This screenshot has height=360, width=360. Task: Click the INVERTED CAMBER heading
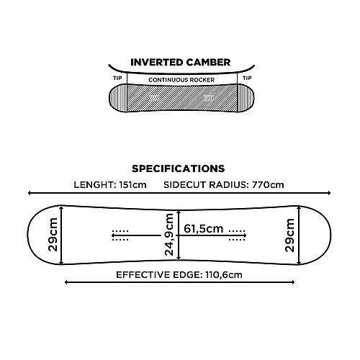click(181, 63)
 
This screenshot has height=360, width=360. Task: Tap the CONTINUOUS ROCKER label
click(181, 80)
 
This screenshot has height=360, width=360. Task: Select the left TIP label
click(117, 78)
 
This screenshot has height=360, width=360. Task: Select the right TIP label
click(247, 78)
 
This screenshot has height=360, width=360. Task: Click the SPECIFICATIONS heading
click(179, 168)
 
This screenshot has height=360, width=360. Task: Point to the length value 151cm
click(132, 185)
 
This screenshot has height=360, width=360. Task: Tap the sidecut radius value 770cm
click(268, 185)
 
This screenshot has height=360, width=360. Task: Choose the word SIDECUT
click(185, 185)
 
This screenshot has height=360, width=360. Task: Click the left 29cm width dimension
click(53, 235)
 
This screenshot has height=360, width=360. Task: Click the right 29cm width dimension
click(289, 235)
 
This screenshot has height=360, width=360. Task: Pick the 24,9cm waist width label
click(169, 235)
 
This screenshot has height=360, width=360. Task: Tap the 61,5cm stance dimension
click(204, 228)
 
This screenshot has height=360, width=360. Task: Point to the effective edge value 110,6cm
click(224, 275)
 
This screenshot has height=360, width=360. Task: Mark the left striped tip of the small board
click(118, 98)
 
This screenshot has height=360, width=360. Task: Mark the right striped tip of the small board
click(246, 98)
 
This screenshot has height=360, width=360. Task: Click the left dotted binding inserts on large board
click(120, 235)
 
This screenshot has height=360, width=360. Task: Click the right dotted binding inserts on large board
click(237, 235)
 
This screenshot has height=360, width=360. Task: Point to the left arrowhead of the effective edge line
click(66, 282)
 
